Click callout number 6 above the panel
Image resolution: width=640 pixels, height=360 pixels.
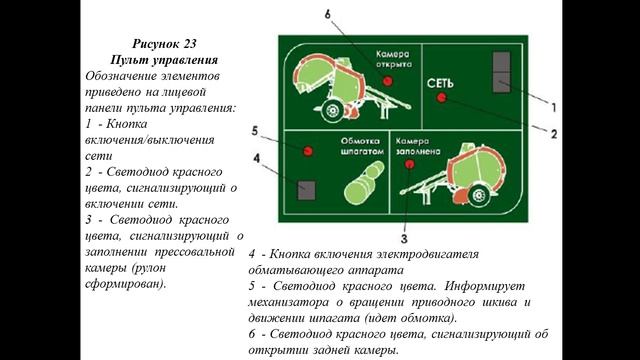point(327,14)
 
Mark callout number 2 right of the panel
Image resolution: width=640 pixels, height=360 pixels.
point(552,130)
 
